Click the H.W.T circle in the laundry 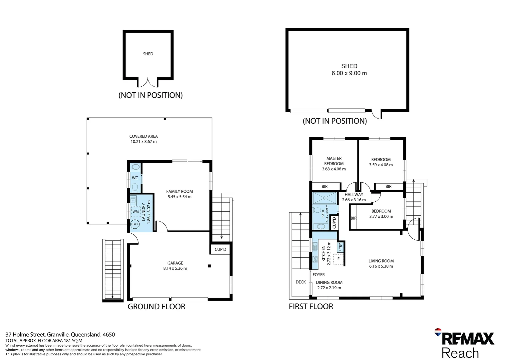click(135, 224)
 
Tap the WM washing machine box click(136, 212)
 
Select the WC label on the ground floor click(135, 178)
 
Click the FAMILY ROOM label click(180, 191)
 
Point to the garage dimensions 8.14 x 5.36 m click(175, 268)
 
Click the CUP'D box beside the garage click(220, 249)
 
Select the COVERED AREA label click(144, 136)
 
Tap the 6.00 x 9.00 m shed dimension click(349, 73)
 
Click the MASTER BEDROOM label click(334, 161)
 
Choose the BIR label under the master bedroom click(325, 187)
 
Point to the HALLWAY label click(354, 195)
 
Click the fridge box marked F click(338, 259)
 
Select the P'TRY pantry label click(340, 247)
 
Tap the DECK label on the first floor click(301, 282)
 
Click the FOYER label click(319, 275)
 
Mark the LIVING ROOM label click(381, 261)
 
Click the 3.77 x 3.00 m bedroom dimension click(381, 217)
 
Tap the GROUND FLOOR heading click(157, 307)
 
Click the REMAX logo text click(468, 339)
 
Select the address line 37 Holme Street click(60, 335)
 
